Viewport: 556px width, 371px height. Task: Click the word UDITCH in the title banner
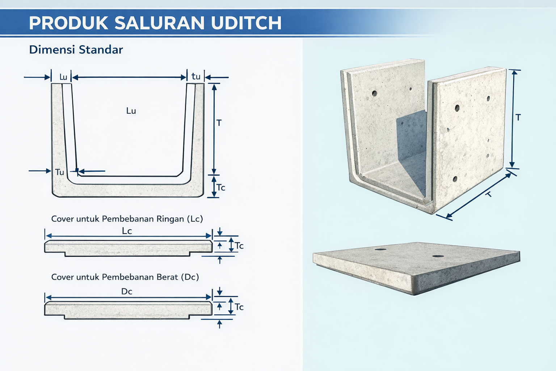pos(246,23)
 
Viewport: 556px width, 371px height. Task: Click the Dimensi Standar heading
pos(76,50)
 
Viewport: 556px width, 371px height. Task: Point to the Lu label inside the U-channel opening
pos(131,111)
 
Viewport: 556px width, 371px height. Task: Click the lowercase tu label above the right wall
pos(196,76)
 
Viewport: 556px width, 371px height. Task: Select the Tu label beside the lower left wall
pos(60,172)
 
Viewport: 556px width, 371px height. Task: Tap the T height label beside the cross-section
pos(219,123)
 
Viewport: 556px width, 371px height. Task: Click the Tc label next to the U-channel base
pos(221,187)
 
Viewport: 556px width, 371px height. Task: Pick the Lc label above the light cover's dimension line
pos(127,231)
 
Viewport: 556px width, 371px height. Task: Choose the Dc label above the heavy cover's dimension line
pos(127,291)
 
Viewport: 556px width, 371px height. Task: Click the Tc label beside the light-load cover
pos(239,246)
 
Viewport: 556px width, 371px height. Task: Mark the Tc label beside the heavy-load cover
pos(239,307)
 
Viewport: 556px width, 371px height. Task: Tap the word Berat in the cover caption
pos(167,277)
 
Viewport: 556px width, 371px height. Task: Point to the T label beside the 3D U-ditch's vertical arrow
pos(518,117)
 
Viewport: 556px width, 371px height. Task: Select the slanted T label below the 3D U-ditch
pos(489,194)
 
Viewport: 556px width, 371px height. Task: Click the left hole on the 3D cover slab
pos(380,249)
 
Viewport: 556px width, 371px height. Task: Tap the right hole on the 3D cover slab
pos(438,256)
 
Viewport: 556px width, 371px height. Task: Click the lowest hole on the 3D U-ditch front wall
pos(455,179)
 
